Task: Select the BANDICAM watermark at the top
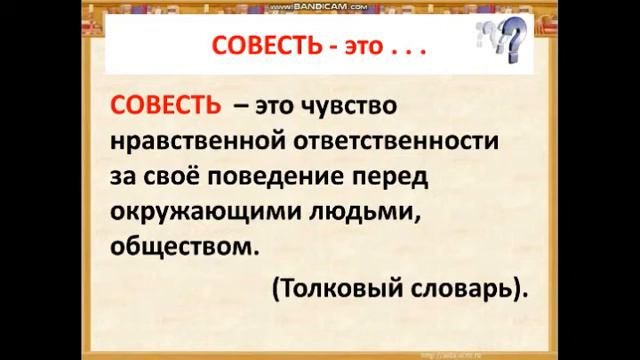coord(319,6)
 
